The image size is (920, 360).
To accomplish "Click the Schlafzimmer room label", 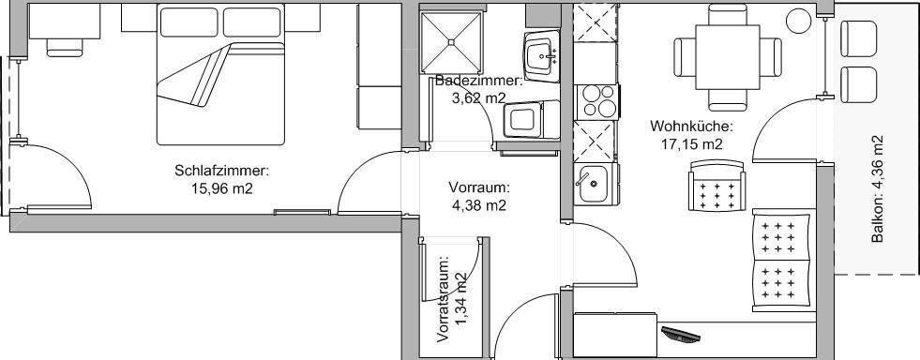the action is point(221,172).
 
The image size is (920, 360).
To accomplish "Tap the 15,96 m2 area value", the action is point(221,188).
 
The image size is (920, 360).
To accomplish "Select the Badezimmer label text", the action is point(478,81).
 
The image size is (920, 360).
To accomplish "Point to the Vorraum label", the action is point(479,188).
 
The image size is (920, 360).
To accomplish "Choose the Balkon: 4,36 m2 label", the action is point(877,188).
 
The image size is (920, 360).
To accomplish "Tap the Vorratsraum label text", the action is point(444,299).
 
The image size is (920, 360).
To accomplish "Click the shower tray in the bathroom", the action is point(451,42).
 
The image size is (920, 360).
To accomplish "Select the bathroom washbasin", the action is point(541,57).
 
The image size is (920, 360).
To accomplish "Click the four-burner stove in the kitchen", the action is point(596,101).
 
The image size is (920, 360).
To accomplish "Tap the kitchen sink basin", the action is point(595,184).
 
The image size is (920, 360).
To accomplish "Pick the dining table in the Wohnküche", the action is point(728,57).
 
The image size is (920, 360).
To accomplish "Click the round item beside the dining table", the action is point(798,22).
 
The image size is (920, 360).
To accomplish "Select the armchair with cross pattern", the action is point(716,186).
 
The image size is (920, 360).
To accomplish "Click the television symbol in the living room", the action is point(681,334).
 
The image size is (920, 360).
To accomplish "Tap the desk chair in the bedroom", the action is point(65,47).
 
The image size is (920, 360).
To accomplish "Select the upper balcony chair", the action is point(858,38).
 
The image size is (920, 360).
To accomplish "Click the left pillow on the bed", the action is point(189,22).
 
